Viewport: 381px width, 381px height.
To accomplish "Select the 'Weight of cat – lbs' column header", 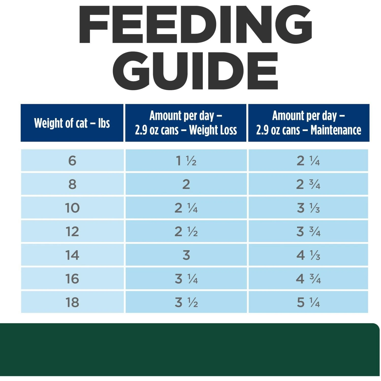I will click(x=72, y=123).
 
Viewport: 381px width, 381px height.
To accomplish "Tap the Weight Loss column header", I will click(x=186, y=123).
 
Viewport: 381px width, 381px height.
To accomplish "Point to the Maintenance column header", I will click(x=309, y=123).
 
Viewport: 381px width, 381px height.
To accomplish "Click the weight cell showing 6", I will click(x=72, y=161).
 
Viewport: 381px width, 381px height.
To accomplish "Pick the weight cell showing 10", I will click(x=72, y=208).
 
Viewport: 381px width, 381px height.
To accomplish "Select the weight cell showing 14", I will click(x=72, y=255).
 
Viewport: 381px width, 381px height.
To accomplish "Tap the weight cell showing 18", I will click(x=72, y=302).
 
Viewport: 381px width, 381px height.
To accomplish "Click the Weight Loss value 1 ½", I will click(x=186, y=161).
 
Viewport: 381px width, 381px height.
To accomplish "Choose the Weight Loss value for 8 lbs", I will click(x=186, y=184).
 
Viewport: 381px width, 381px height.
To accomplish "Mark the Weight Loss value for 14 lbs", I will click(x=186, y=255).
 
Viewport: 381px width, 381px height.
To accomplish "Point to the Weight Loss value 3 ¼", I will click(x=186, y=279).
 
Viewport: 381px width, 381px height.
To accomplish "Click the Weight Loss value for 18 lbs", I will click(x=186, y=302).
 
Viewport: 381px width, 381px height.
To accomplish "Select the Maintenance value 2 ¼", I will click(x=308, y=161).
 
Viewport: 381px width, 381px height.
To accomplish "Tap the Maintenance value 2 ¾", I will click(x=308, y=184).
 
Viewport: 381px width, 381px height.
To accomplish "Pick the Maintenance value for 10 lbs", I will click(x=308, y=208).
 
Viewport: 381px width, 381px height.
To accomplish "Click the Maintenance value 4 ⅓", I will click(x=308, y=255).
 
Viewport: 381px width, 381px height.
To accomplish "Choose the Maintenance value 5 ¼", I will click(x=308, y=302).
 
